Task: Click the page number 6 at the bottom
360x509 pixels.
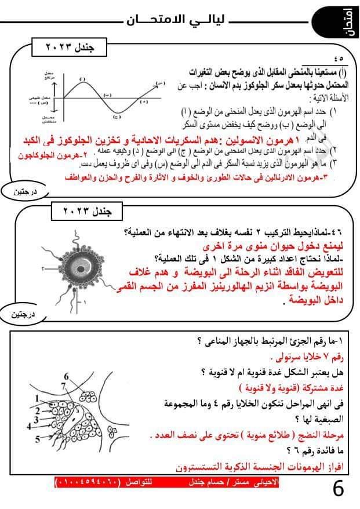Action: (338, 488)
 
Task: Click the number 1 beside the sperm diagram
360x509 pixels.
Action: (85, 302)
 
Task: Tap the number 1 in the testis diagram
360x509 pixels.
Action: (36, 398)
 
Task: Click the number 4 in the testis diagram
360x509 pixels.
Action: (28, 427)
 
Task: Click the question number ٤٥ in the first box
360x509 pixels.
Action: (339, 58)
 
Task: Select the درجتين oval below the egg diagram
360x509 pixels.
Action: (24, 315)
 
